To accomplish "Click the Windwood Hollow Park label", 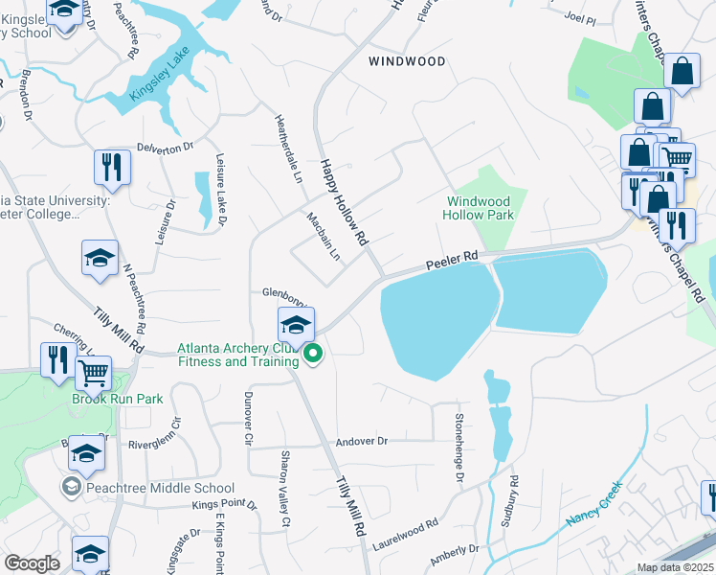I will (x=479, y=208).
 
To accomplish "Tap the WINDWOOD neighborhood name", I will (x=407, y=60).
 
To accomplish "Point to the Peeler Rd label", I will (x=451, y=260).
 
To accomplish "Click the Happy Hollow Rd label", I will (x=344, y=201).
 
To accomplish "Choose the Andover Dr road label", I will (x=362, y=442).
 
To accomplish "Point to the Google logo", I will (x=33, y=564).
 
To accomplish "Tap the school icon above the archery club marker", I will (x=296, y=324).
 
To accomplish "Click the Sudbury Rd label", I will (x=509, y=501).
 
